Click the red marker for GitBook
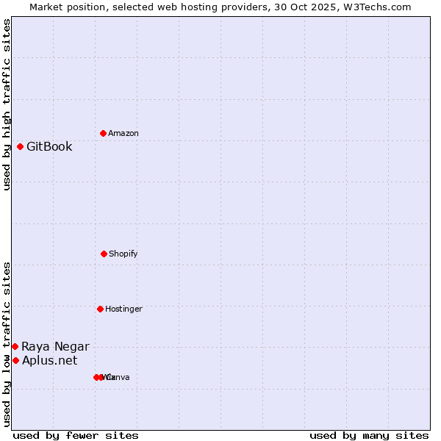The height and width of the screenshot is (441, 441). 20,146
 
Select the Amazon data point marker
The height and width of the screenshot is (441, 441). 103,133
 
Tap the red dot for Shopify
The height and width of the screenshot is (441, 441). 104,254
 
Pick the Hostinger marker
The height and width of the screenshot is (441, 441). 100,309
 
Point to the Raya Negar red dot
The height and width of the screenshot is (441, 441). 15,346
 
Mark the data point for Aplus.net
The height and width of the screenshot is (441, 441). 15,360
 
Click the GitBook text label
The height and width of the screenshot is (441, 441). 49,146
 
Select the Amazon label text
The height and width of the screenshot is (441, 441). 123,133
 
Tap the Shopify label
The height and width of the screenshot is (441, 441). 123,254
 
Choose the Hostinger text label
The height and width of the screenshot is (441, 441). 123,309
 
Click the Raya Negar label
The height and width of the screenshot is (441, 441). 55,346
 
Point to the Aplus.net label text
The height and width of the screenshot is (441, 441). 49,360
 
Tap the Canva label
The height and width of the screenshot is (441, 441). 118,377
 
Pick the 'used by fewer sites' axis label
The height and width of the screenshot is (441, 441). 76,435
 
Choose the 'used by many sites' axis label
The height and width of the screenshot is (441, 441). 369,435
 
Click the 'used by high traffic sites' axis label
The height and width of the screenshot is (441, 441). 7,104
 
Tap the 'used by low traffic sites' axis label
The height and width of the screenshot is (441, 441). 7,343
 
